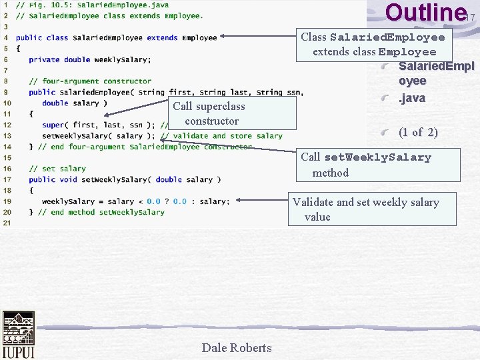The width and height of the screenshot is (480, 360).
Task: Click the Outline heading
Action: click(425, 13)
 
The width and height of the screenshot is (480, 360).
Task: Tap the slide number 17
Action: click(471, 17)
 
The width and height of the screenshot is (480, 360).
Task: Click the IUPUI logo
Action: click(18, 335)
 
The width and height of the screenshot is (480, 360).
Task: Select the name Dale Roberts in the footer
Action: click(237, 347)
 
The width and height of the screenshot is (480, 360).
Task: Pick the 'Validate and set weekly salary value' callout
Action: click(372, 209)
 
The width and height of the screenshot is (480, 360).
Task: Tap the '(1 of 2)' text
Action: click(418, 132)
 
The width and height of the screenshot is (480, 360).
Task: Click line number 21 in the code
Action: click(7, 223)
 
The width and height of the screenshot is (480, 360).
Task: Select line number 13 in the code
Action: click(7, 135)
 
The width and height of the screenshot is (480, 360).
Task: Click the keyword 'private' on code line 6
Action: click(44, 59)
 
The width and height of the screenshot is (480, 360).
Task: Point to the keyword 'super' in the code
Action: click(53, 125)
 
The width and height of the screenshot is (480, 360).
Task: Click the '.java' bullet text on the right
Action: click(412, 98)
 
